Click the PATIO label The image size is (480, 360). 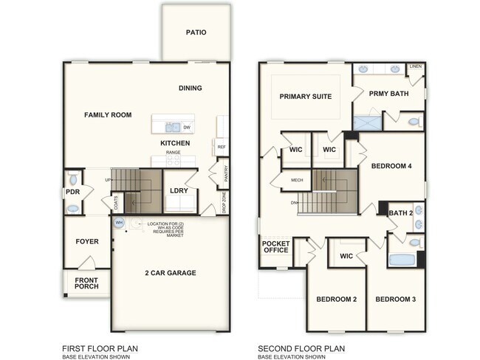pos(196,32)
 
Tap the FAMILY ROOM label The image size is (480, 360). pos(108,115)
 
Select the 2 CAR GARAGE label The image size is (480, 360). pos(170,273)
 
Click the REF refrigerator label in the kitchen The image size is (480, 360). pos(221,148)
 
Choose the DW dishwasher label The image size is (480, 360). pos(186,128)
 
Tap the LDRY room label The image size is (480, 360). pos(179,191)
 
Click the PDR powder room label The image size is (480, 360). pos(72,192)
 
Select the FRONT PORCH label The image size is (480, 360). pos(86,284)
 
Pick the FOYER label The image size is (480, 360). pos(86,241)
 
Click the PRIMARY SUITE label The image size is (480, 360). pos(305,97)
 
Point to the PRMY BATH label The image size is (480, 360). pos(388,93)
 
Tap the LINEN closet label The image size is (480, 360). pos(416,66)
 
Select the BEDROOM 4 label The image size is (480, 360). pos(391,166)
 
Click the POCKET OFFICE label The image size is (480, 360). pos(275,246)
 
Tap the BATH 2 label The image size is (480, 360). pos(400,213)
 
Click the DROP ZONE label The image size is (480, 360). pos(224,201)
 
